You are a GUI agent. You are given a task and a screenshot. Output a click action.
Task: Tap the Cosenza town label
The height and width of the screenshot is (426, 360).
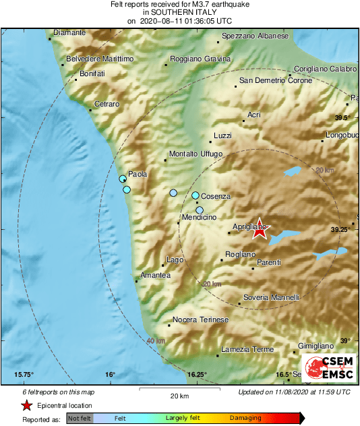[x=216, y=196]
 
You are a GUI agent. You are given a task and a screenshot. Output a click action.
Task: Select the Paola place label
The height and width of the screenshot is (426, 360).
[x=138, y=174]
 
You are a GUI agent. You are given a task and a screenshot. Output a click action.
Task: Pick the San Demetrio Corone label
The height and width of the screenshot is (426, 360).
[x=276, y=82]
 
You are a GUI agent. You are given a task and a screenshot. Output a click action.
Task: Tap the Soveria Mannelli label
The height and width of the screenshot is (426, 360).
[x=271, y=297]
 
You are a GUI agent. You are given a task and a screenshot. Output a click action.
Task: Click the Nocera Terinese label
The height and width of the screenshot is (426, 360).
[x=201, y=319]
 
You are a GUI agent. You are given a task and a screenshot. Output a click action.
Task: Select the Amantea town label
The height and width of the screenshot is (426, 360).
[x=155, y=275]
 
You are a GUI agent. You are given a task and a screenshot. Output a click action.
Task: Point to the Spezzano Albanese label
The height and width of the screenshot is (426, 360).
[x=255, y=36]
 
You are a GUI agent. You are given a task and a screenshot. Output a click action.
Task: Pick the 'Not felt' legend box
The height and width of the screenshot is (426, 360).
[x=78, y=419]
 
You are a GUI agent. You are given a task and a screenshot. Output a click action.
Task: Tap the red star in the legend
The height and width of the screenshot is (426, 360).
[x=26, y=406]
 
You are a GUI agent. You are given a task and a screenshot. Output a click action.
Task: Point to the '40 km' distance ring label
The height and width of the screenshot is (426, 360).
[x=156, y=340]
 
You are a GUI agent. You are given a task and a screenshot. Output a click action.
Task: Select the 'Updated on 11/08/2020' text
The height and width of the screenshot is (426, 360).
[x=294, y=392]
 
